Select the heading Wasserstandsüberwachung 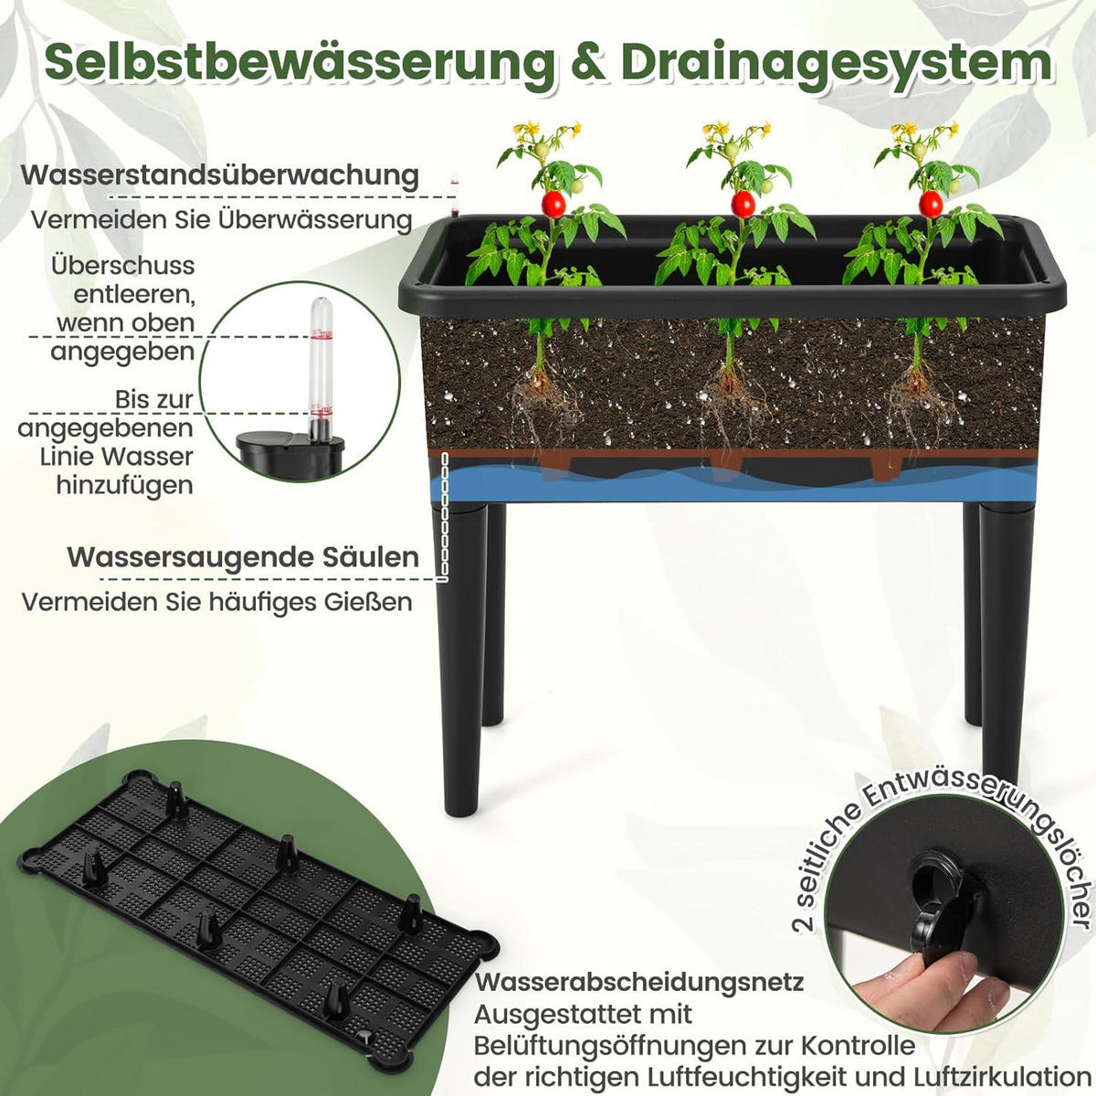click(220, 175)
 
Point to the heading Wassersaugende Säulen click(244, 557)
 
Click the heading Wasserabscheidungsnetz click(639, 982)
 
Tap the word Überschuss click(123, 266)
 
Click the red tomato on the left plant click(553, 204)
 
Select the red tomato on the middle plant click(743, 204)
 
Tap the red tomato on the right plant click(931, 204)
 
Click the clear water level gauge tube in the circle click(321, 370)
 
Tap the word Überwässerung click(315, 220)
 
